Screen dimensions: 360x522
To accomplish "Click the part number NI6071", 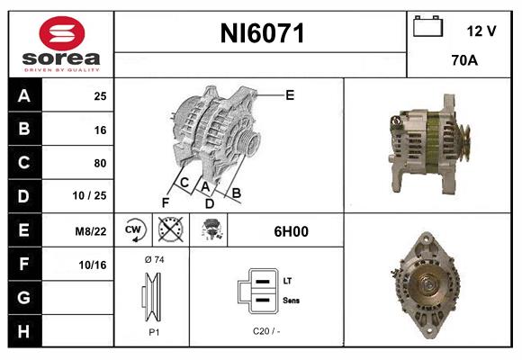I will point(263,34).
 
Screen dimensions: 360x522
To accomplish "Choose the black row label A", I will point(24,95).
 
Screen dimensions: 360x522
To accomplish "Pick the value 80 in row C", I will point(99,164).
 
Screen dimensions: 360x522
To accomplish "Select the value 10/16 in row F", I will point(94,265).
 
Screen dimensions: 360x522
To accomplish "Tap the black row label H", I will point(24,331).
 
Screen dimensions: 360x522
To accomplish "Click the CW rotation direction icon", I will point(134,231).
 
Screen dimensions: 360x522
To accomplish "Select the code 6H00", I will point(291,231).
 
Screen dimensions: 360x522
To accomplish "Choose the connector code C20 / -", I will point(265,332).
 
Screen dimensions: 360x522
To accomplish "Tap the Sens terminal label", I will point(292,300).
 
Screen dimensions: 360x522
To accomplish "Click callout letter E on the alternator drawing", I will point(290,94).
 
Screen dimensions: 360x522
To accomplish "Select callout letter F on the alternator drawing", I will point(166,202).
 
